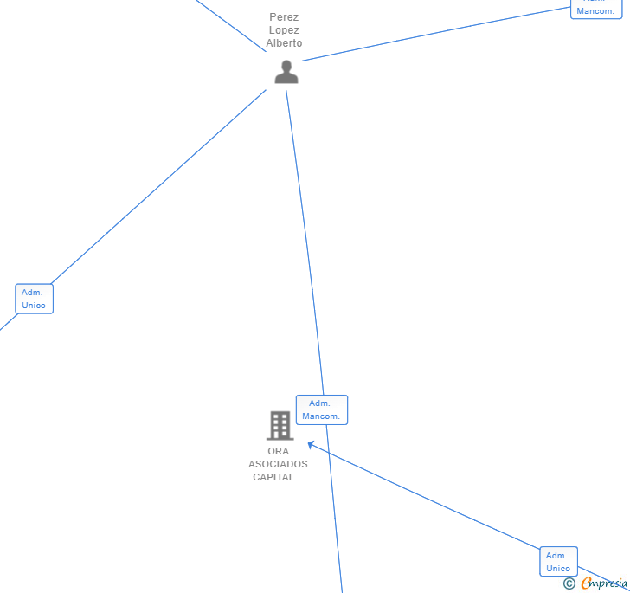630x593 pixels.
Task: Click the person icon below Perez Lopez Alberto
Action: [286, 72]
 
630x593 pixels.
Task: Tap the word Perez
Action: [284, 17]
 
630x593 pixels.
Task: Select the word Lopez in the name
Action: [284, 30]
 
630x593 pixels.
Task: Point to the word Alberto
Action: [284, 43]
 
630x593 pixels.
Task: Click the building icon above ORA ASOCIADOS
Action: [280, 426]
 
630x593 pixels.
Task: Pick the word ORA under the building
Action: [278, 451]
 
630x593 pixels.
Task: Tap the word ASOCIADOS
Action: [278, 464]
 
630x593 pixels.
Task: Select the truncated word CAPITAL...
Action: [278, 477]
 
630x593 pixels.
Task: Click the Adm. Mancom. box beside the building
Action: [321, 409]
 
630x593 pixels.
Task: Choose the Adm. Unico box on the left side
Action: [34, 299]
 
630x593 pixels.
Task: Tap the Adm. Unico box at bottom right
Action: [558, 562]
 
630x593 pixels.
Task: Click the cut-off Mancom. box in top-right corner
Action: [596, 9]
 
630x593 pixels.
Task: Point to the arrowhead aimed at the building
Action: [312, 446]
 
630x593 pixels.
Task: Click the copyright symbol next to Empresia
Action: [569, 583]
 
